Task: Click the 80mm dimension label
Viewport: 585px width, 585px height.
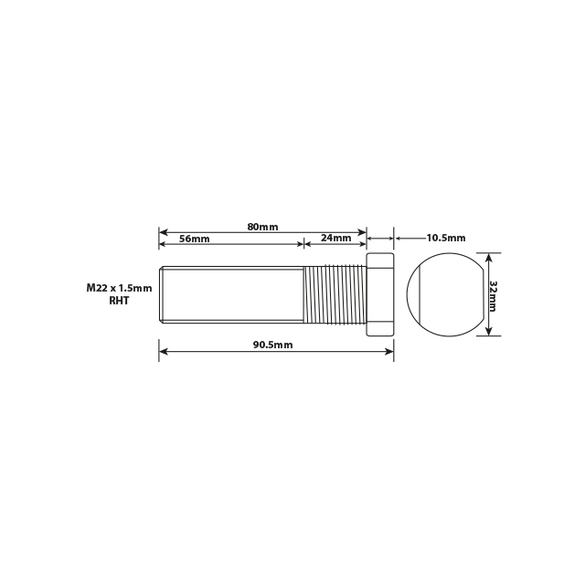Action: click(262, 226)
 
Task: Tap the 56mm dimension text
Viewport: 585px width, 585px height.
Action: click(194, 239)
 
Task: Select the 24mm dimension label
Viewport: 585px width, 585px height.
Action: click(336, 239)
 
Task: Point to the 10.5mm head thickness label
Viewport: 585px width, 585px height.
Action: click(445, 238)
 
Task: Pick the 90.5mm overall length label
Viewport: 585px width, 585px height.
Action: click(273, 345)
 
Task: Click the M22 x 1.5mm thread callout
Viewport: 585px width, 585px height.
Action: click(119, 287)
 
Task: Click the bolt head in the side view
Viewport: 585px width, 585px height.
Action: click(379, 294)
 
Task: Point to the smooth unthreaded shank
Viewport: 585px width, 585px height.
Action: click(233, 294)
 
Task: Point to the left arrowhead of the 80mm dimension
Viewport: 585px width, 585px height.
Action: click(164, 232)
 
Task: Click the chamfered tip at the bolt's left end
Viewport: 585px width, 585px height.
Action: click(162, 294)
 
